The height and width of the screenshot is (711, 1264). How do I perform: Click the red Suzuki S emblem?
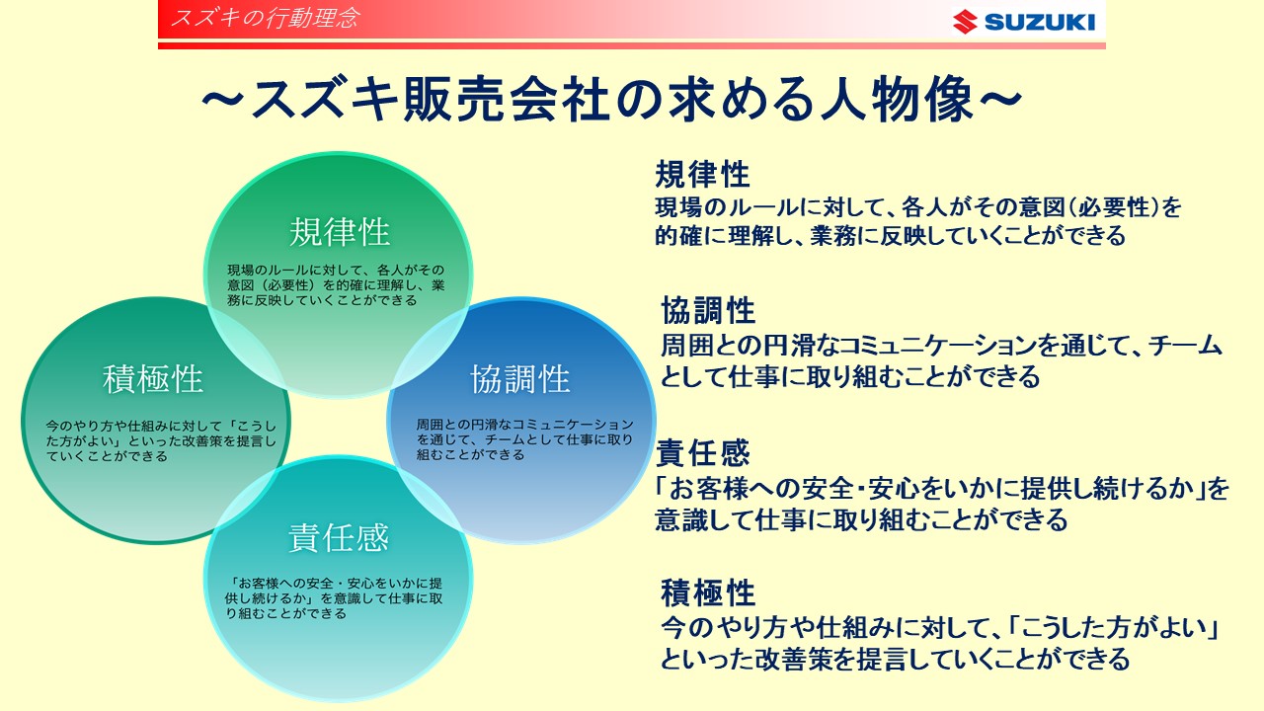click(x=965, y=22)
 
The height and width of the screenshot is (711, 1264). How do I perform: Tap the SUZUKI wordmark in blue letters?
click(x=1040, y=22)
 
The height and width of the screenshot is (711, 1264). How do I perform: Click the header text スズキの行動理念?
click(x=265, y=18)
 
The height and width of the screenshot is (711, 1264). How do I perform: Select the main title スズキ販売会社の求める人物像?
click(x=612, y=100)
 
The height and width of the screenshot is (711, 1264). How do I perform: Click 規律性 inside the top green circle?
click(x=340, y=232)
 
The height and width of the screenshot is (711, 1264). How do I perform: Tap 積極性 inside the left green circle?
click(x=153, y=378)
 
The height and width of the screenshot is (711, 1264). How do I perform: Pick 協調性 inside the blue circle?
click(x=520, y=378)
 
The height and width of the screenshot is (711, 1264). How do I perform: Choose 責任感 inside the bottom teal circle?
click(x=339, y=537)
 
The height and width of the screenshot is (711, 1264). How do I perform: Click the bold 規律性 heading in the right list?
click(x=702, y=174)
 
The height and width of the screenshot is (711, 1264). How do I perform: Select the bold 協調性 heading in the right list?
click(x=708, y=310)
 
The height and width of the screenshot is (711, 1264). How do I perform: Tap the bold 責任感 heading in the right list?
click(x=702, y=452)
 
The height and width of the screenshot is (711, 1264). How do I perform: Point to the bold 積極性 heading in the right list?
click(x=708, y=592)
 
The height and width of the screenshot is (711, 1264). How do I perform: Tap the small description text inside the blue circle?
click(x=524, y=439)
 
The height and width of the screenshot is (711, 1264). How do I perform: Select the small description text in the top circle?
click(x=336, y=285)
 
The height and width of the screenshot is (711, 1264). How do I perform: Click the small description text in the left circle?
click(x=161, y=440)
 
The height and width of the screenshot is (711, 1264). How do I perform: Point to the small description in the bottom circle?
click(x=334, y=598)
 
